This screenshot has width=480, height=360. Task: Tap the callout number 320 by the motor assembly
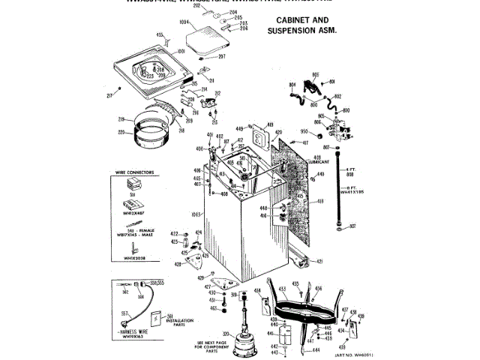pos(225,334)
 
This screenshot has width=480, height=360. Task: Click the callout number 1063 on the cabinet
pos(197,214)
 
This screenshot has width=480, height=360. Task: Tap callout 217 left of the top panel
pos(109,94)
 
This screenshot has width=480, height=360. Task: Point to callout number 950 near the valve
pos(304,132)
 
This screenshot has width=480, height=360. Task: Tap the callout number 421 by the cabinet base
pos(319,261)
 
